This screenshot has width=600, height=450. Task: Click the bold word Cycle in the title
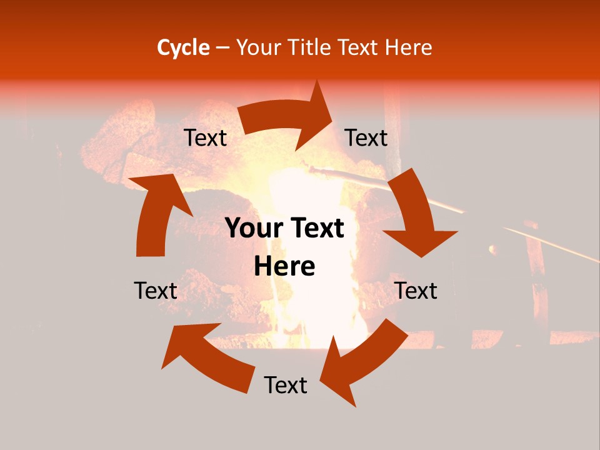[x=183, y=47]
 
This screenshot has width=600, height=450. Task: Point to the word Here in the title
[x=409, y=47]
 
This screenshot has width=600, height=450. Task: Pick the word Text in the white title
[x=359, y=47]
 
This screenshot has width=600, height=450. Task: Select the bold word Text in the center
[x=317, y=229]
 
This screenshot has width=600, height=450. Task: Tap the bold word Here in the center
[x=284, y=267]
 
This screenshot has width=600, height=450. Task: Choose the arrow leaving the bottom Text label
[x=206, y=356]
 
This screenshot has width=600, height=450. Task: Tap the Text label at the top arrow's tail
[x=206, y=138]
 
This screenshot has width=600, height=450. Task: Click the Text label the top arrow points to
[x=366, y=137]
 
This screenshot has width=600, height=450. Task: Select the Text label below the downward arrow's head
[x=416, y=291]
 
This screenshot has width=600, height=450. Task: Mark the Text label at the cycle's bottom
[x=286, y=385]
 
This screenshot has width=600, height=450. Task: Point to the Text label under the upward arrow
[x=156, y=291]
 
